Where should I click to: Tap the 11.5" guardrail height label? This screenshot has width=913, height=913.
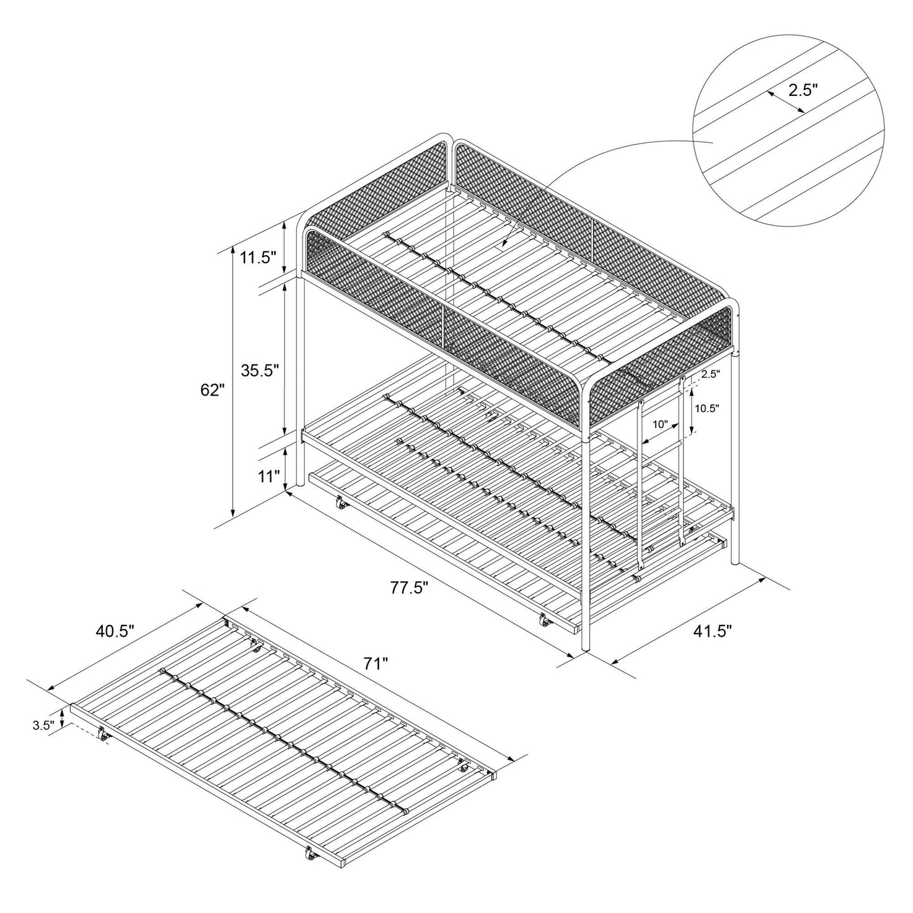click(x=259, y=257)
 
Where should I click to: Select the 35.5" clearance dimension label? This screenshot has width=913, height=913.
click(x=260, y=370)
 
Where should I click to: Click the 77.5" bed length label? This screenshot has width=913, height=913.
click(x=409, y=588)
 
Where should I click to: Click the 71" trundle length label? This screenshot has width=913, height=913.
click(x=375, y=663)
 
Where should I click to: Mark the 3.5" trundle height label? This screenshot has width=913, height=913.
click(x=42, y=726)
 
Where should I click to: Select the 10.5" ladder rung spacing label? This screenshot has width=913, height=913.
click(x=706, y=408)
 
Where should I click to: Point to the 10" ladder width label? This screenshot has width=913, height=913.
click(x=660, y=425)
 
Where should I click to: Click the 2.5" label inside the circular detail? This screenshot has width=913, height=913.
click(x=803, y=90)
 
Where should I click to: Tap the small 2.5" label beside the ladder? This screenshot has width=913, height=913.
click(x=710, y=374)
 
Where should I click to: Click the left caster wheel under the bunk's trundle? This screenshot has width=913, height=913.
click(x=341, y=504)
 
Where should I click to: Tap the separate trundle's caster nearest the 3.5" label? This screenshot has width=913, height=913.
click(x=102, y=734)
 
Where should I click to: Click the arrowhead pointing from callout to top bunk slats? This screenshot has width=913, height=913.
click(x=504, y=243)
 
